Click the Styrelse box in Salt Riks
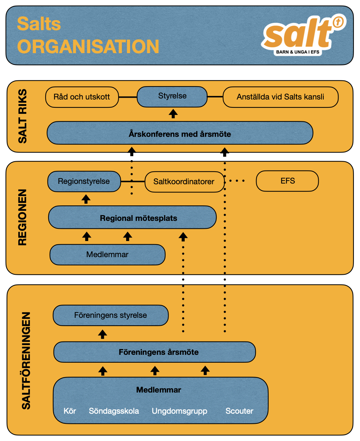tap(172, 97)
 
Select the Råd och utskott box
tap(82, 97)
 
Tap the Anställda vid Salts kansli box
tap(280, 97)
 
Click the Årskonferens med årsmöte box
tap(180, 134)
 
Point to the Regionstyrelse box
tap(84, 181)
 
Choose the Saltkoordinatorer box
tap(184, 182)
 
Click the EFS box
tap(287, 181)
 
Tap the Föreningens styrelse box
tap(111, 315)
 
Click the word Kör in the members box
tap(70, 411)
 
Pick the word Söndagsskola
tap(114, 411)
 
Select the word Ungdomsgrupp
tap(179, 411)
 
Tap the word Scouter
tap(239, 411)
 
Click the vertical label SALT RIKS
tap(23, 117)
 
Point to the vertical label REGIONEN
tap(23, 217)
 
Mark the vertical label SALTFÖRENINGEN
tap(26, 361)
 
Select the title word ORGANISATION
tap(88, 47)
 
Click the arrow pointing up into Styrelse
tap(174, 114)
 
